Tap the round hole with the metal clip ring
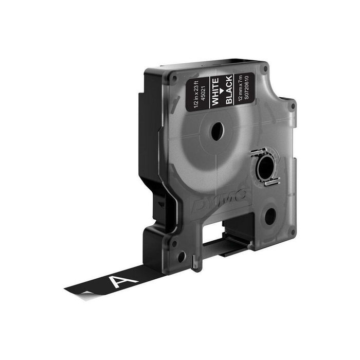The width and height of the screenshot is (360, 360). click(x=264, y=168)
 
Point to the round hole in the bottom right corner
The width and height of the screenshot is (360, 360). click(x=270, y=217)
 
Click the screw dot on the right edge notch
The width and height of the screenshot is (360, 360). click(x=292, y=106)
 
